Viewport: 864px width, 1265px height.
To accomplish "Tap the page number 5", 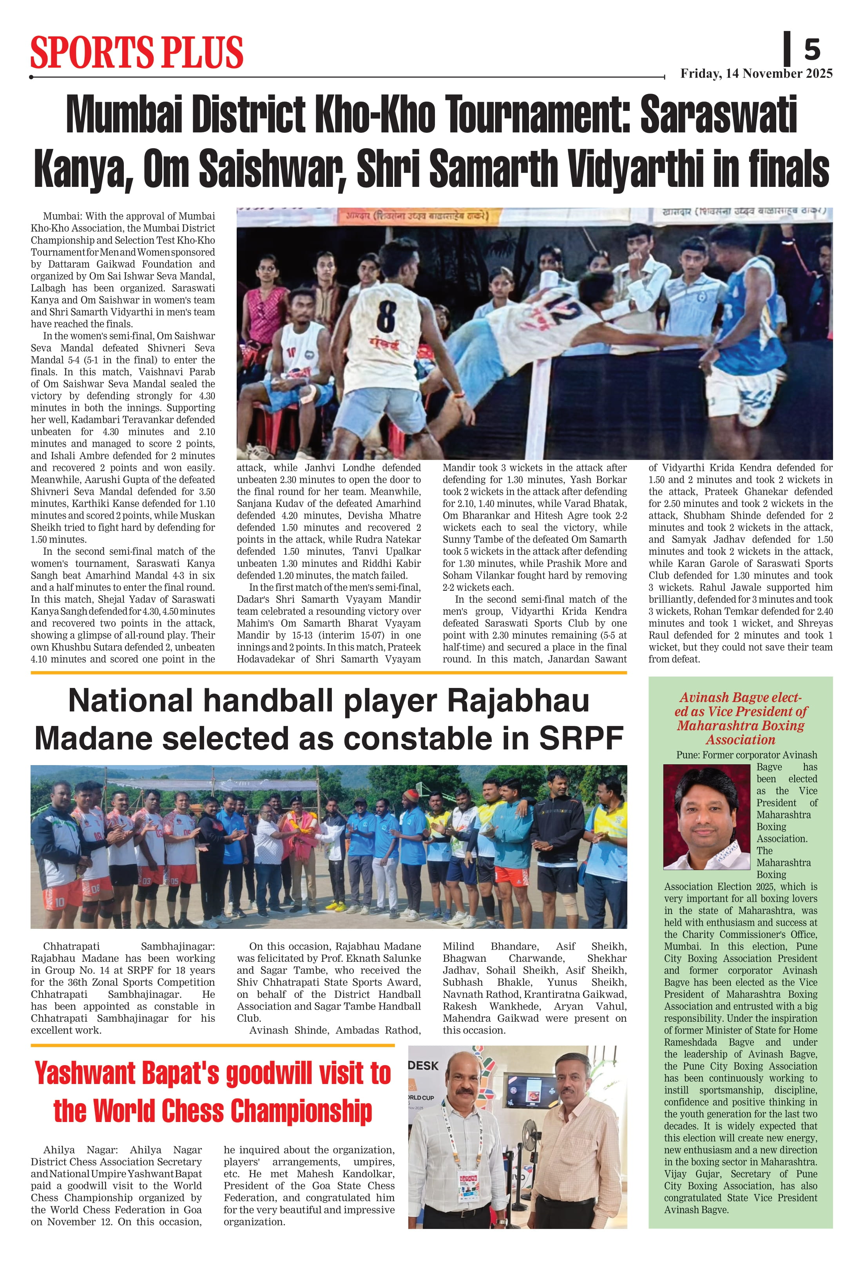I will pos(812,49).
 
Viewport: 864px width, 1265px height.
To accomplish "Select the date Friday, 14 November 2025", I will pos(756,74).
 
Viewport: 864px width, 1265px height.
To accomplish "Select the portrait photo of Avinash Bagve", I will pos(706,817).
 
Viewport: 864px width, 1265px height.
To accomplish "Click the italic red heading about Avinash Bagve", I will pos(741,718).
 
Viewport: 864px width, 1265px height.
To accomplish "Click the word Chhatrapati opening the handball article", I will pos(71,946).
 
